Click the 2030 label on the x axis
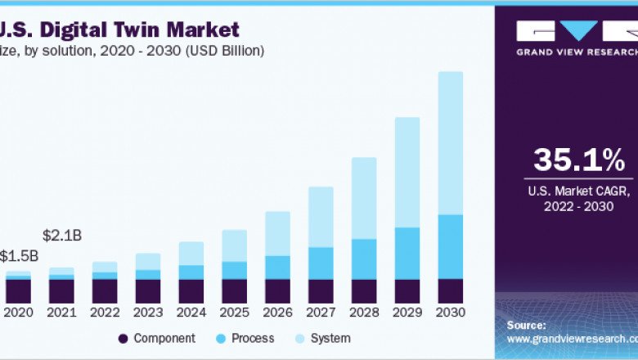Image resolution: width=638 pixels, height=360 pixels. click(450, 313)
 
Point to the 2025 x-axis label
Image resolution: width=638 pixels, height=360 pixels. click(234, 313)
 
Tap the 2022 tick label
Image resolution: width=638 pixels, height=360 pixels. click(105, 313)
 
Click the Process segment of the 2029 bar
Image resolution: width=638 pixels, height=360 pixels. click(407, 253)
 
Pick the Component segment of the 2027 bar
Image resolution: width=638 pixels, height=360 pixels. click(321, 291)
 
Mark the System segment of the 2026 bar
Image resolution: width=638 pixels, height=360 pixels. click(277, 233)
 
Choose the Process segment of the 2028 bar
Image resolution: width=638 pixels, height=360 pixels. click(364, 259)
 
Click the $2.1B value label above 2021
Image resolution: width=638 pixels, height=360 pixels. click(61, 236)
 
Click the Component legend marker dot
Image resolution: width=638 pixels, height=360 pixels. click(123, 338)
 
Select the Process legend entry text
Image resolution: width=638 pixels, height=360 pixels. click(253, 338)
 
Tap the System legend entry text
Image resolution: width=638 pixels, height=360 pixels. click(330, 338)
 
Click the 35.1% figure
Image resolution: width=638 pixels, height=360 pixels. click(578, 160)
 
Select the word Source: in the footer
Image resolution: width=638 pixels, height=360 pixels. click(526, 325)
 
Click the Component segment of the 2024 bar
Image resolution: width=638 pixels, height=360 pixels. click(191, 291)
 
